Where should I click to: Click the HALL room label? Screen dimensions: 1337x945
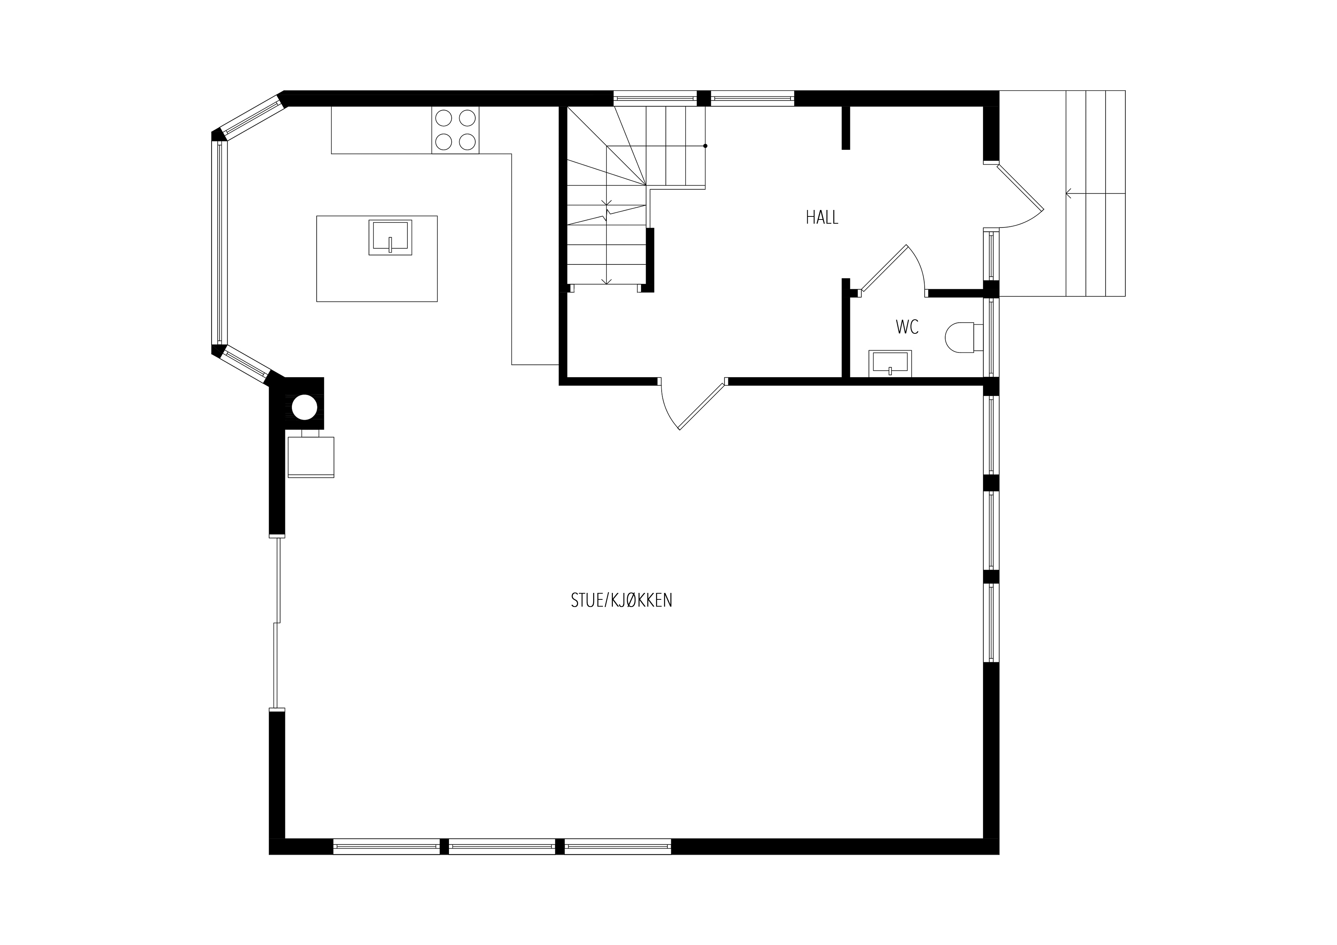[x=822, y=217]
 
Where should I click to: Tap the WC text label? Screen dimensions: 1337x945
[x=907, y=328]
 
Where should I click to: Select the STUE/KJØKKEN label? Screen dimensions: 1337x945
[x=621, y=600]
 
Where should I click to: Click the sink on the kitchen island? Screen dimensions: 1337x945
[x=390, y=237]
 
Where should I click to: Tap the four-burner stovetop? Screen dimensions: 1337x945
[x=455, y=130]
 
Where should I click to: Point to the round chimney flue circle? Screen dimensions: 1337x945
[x=304, y=408]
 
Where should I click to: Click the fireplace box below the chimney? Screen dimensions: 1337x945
[x=311, y=457]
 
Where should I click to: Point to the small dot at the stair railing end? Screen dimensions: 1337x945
[x=705, y=146]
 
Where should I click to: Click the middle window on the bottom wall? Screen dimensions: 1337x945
[x=502, y=847]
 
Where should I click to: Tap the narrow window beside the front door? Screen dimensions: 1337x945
[x=991, y=255]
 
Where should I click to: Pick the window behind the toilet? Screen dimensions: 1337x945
[x=991, y=338]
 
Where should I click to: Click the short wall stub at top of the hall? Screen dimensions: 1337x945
[x=845, y=128]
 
